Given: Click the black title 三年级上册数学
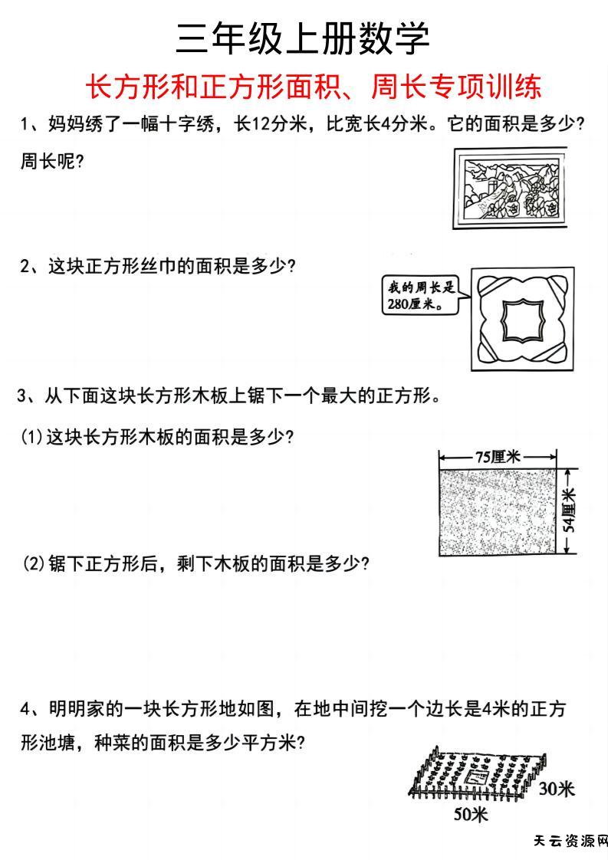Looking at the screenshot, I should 303,38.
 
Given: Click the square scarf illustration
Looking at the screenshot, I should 521,317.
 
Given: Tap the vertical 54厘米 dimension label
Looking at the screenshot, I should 569,511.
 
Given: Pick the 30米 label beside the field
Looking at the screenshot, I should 555,789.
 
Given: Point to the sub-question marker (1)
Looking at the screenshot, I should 32,438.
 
